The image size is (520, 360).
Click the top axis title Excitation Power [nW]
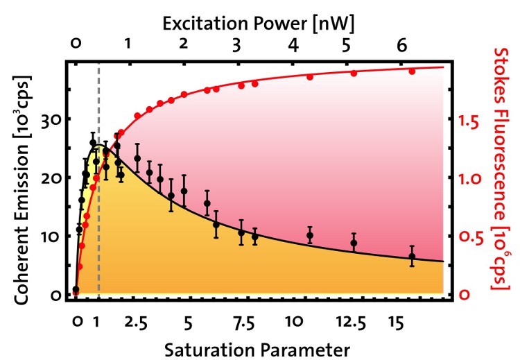coord(259,23)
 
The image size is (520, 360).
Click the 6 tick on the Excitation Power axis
coord(401,46)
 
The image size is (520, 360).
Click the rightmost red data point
coord(412,71)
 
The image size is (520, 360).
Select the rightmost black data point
coord(412,257)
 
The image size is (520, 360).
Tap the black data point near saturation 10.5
coord(310,236)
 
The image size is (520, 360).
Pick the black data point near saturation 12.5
coord(354,243)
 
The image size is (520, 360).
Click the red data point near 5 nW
coord(354,74)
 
